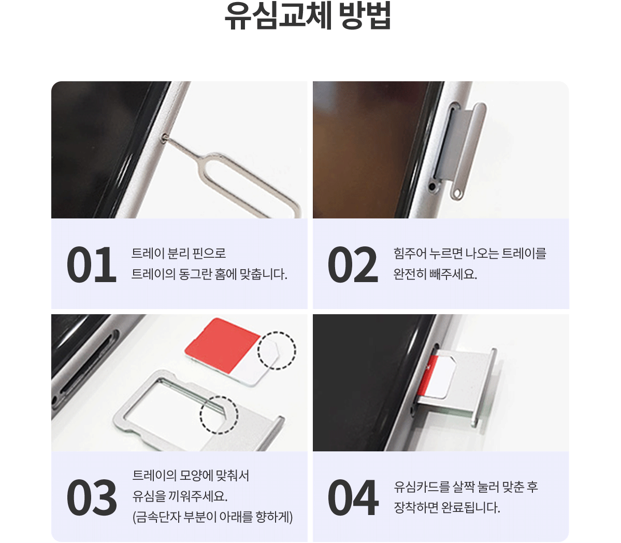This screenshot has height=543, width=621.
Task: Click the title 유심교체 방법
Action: [x=308, y=16]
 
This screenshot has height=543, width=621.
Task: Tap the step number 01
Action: [x=92, y=265]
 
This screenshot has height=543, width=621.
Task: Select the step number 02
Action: [x=353, y=265]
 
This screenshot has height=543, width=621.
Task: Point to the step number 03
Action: [x=92, y=497]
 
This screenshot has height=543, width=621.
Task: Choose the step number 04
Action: [x=353, y=497]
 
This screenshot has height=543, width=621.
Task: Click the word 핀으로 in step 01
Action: [x=209, y=253]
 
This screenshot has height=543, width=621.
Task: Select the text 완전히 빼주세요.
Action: [x=435, y=274]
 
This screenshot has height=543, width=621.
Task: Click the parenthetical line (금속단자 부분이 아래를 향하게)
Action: [x=213, y=517]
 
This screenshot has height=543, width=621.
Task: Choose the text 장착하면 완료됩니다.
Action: [x=447, y=507]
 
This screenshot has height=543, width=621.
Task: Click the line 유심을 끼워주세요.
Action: [x=180, y=496]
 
